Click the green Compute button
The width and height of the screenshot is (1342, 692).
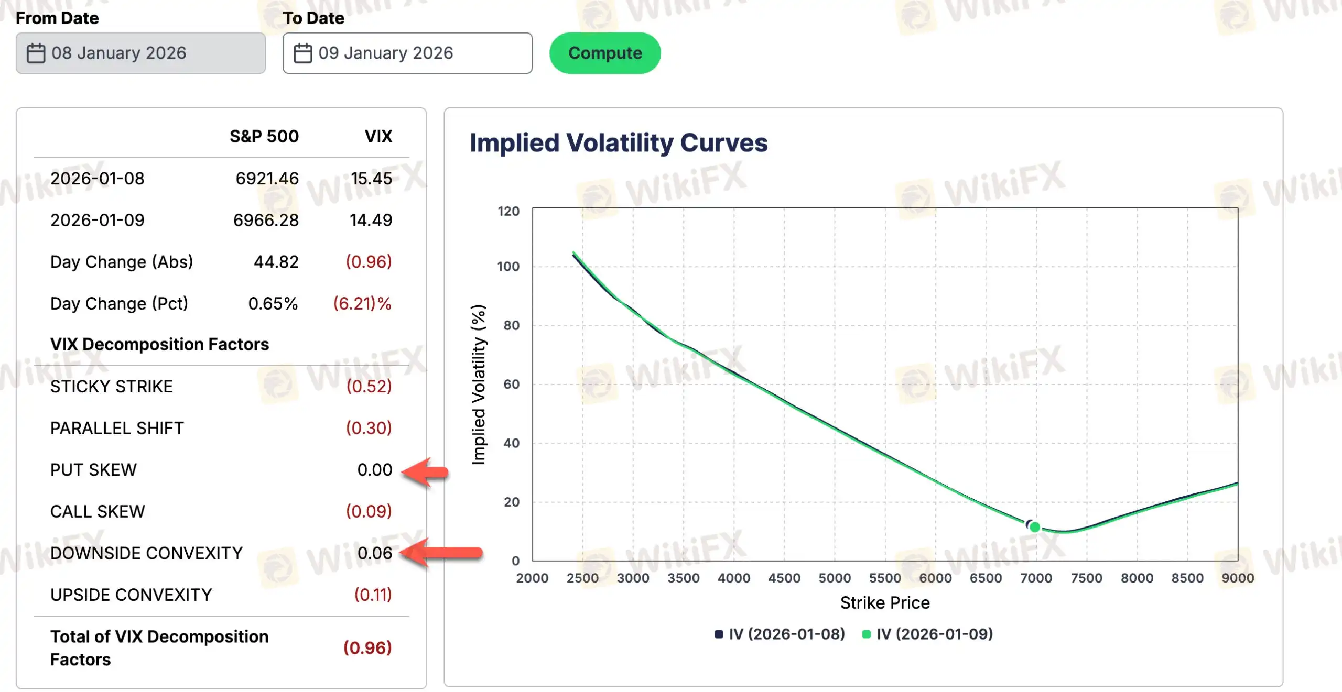[x=604, y=53]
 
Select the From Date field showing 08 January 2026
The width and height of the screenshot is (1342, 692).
[x=140, y=53]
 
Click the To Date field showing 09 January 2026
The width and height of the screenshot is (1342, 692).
[x=407, y=53]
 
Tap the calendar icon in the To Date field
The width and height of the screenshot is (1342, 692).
[x=302, y=53]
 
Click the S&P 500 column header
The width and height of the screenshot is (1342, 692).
[x=264, y=136]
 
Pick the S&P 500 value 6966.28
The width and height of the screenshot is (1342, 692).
[x=266, y=220]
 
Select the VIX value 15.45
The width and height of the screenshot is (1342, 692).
[x=371, y=178]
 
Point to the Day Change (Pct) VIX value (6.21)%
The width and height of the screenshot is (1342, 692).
[x=362, y=303]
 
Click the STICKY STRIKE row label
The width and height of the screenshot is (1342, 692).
[x=111, y=386]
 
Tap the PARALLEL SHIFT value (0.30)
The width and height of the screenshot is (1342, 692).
[x=369, y=428]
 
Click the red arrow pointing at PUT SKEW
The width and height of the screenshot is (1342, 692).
[x=425, y=472]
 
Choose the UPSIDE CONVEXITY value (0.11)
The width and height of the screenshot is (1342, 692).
[x=373, y=595]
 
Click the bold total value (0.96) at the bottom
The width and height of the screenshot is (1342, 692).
[x=367, y=647]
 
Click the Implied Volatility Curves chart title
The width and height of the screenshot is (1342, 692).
[x=619, y=143]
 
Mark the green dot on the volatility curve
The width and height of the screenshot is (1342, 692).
[x=1035, y=527]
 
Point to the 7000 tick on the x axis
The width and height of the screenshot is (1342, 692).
[x=1036, y=578]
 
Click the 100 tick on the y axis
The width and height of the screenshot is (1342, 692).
[x=508, y=266]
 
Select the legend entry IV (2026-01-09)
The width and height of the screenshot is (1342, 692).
[x=928, y=634]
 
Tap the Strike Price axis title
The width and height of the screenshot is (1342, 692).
[x=885, y=602]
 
